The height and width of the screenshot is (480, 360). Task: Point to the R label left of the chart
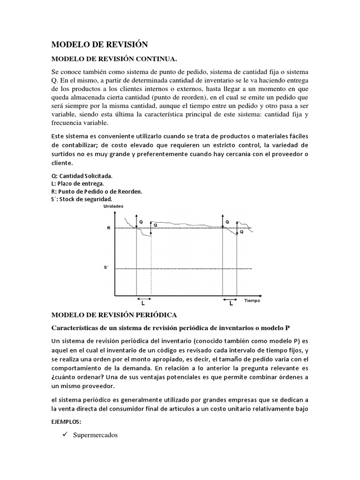coord(108,228)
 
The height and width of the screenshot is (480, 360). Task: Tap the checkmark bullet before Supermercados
coord(65,435)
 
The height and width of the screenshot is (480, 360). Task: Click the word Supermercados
coord(96,435)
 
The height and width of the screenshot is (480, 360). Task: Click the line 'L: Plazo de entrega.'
coord(78,183)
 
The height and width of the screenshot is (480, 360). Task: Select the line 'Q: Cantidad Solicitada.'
coord(82,176)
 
